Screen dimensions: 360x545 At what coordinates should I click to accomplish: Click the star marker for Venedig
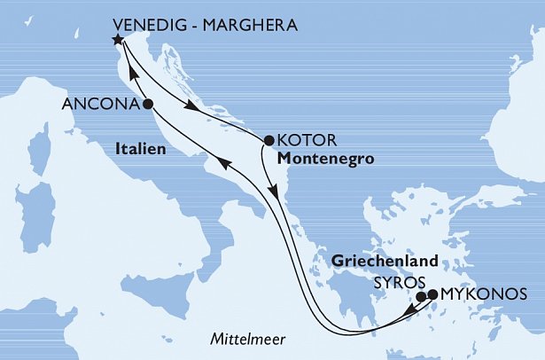(x=116, y=39)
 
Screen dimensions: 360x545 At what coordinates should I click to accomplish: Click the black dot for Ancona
(x=147, y=104)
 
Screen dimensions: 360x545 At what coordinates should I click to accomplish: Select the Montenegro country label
(x=322, y=159)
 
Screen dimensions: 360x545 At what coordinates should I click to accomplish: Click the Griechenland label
(x=385, y=262)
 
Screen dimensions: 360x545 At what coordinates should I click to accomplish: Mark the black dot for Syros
(x=421, y=296)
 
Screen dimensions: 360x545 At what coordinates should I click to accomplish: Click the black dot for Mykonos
(x=432, y=293)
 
